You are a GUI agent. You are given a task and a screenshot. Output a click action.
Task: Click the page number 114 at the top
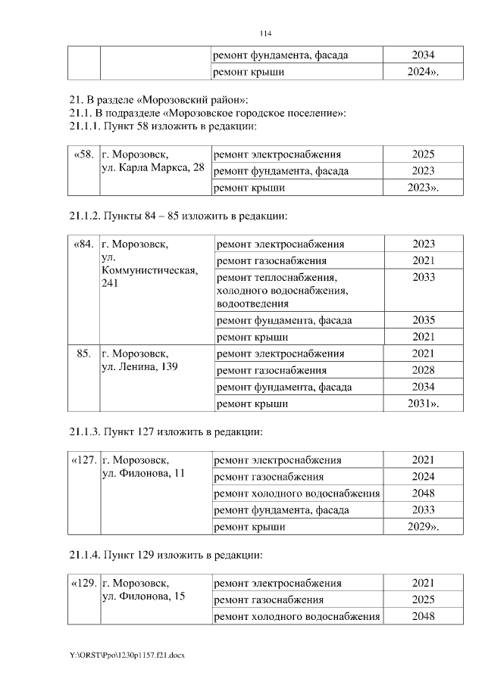pyautogui.click(x=265, y=34)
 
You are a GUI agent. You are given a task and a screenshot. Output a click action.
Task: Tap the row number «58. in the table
pyautogui.click(x=83, y=154)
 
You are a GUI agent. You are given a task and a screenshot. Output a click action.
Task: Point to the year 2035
pyautogui.click(x=424, y=320)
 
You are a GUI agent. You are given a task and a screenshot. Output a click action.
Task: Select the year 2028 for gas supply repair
pyautogui.click(x=424, y=370)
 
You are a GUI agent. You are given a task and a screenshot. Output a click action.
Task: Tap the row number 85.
pyautogui.click(x=83, y=353)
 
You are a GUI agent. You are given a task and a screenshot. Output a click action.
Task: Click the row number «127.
pyautogui.click(x=83, y=460)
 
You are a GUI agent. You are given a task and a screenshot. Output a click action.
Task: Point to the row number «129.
pyautogui.click(x=83, y=584)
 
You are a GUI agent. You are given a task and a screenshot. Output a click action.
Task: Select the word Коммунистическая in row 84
pyautogui.click(x=149, y=270)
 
